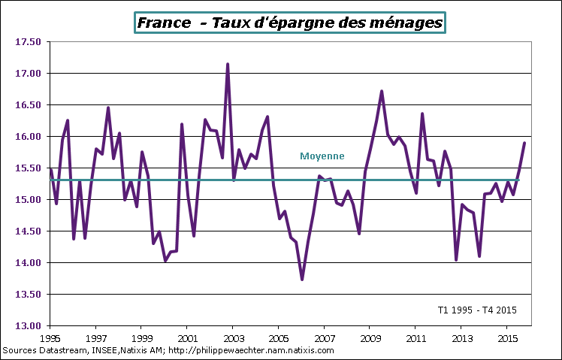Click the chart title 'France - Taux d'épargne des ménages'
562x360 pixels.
click(x=289, y=23)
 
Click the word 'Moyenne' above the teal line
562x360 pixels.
click(x=322, y=156)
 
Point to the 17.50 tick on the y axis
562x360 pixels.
click(x=26, y=42)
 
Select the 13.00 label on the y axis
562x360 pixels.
click(x=26, y=326)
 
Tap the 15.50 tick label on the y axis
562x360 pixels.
click(x=26, y=168)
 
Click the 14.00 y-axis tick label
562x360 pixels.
click(x=26, y=263)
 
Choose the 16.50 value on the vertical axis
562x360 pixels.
click(x=26, y=105)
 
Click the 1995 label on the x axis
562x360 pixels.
click(x=50, y=338)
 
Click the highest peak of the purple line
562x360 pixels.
click(x=228, y=65)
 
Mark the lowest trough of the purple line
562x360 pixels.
click(x=302, y=280)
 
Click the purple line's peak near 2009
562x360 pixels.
click(x=382, y=92)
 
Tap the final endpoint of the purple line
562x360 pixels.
click(x=524, y=143)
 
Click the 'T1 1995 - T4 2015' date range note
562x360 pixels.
click(x=476, y=310)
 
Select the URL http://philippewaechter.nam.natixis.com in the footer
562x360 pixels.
click(x=250, y=350)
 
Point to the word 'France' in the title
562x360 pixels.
click(x=164, y=23)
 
